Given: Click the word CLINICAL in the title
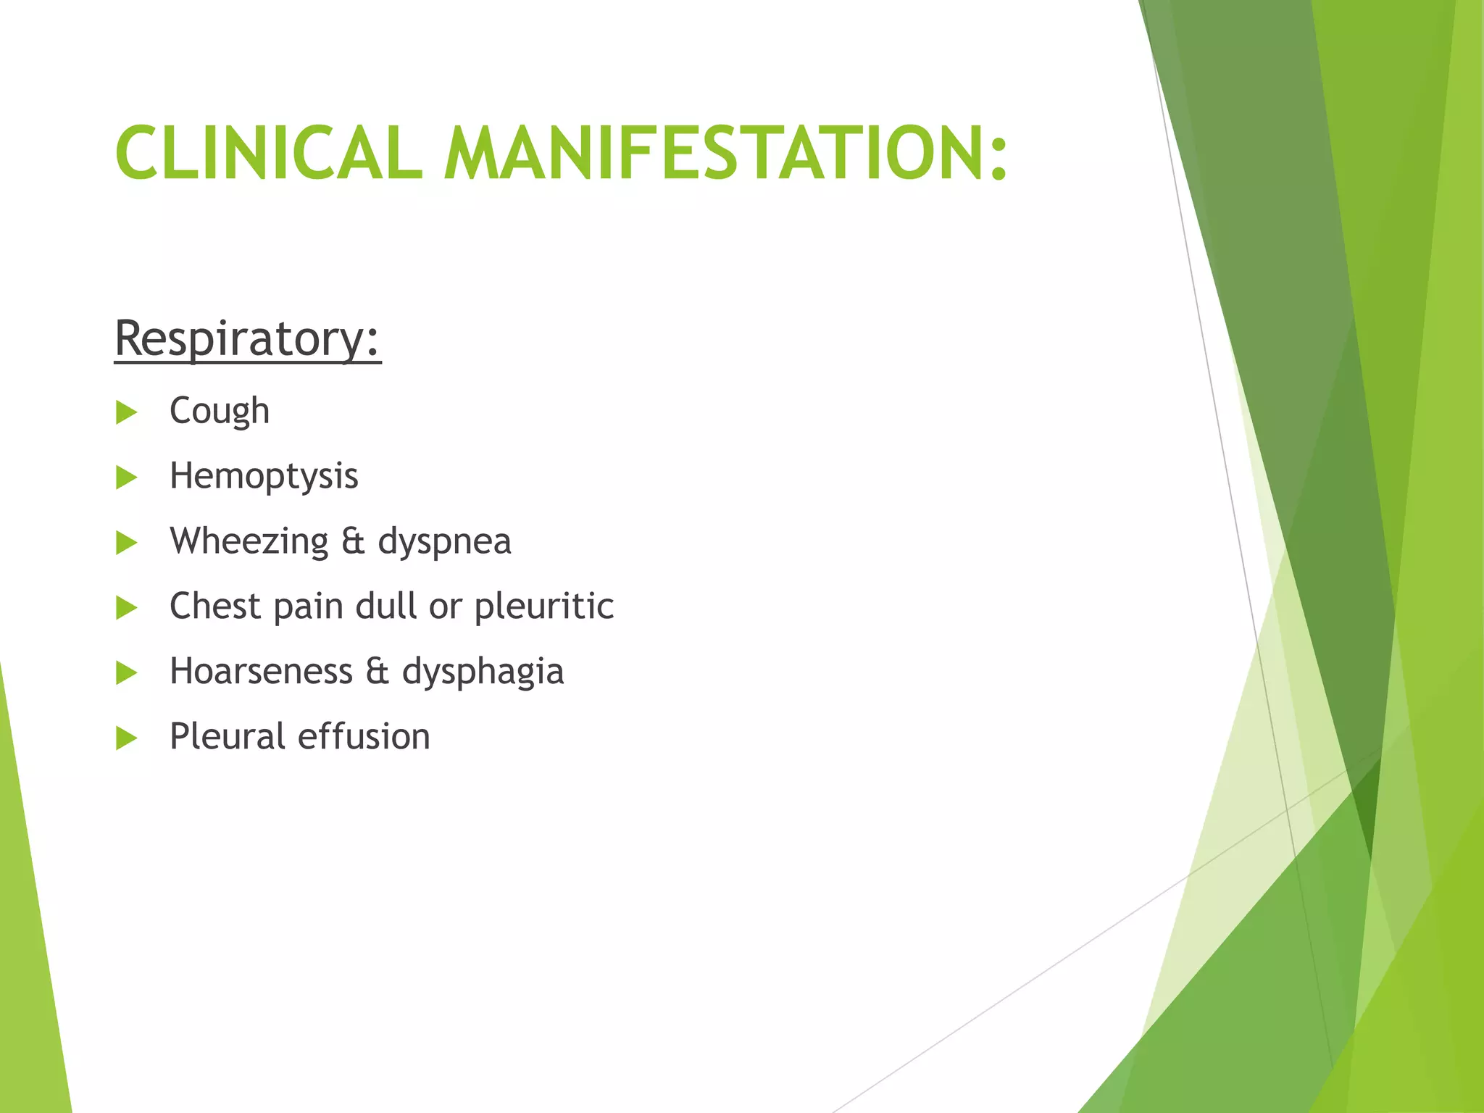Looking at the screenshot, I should pyautogui.click(x=269, y=153).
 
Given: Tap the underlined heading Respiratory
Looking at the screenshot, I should pyautogui.click(x=247, y=338).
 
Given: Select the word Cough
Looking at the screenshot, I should pyautogui.click(x=220, y=411).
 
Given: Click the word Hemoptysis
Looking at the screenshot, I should pyautogui.click(x=264, y=477).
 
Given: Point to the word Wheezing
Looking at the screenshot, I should pyautogui.click(x=249, y=542).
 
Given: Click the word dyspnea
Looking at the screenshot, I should pyautogui.click(x=444, y=542).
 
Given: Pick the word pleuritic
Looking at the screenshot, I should pyautogui.click(x=543, y=606).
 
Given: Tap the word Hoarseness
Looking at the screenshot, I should pyautogui.click(x=261, y=671).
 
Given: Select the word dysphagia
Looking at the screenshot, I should pyautogui.click(x=483, y=672).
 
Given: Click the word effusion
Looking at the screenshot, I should pyautogui.click(x=364, y=736).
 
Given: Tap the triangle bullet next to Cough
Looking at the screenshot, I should pyautogui.click(x=126, y=412).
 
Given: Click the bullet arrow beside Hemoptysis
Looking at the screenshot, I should pyautogui.click(x=126, y=478).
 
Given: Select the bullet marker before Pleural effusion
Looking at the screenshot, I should pyautogui.click(x=126, y=738).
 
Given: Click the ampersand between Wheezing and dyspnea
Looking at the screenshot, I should pyautogui.click(x=353, y=542).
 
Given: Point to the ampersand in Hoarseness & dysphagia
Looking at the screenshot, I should pyautogui.click(x=377, y=671).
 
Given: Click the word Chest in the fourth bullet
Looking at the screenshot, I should pyautogui.click(x=214, y=606).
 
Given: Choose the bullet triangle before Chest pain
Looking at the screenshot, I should pyautogui.click(x=126, y=608).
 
